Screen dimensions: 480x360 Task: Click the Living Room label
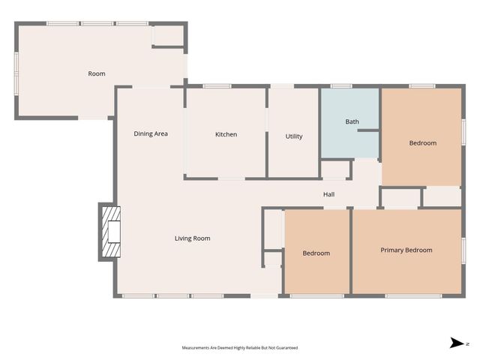point(192,238)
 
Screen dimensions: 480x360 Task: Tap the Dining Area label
point(151,133)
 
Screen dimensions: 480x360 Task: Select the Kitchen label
point(226,134)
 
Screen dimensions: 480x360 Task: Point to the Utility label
point(294,136)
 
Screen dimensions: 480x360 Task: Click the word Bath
point(352,121)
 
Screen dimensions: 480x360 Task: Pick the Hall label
point(328,194)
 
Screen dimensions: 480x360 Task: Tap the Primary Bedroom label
point(406,250)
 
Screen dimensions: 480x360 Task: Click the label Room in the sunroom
point(97,73)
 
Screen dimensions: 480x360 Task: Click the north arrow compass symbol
point(457,343)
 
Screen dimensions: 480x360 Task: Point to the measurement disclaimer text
point(240,348)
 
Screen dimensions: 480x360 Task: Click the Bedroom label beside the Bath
point(423,143)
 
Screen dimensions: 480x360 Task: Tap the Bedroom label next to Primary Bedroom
point(316,253)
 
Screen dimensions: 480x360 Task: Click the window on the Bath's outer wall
point(342,86)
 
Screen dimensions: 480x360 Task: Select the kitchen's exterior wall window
point(217,86)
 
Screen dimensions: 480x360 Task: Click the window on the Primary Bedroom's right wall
point(463,250)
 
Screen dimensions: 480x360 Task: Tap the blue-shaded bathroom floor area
point(349,123)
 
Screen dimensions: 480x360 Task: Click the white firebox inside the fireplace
point(114,232)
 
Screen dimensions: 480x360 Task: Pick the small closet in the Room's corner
point(168,35)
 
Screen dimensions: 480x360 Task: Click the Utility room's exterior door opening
point(282,86)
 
